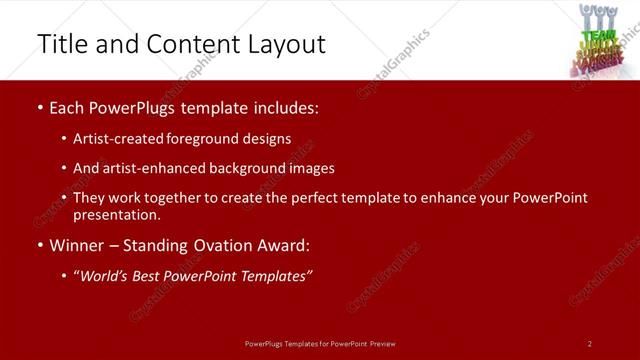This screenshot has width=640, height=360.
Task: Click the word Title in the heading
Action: click(x=63, y=44)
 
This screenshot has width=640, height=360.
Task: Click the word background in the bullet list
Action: click(x=237, y=168)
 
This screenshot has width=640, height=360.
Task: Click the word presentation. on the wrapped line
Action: click(x=116, y=215)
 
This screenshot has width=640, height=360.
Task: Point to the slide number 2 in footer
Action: click(x=590, y=343)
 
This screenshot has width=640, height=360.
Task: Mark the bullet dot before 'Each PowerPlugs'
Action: click(x=39, y=108)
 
